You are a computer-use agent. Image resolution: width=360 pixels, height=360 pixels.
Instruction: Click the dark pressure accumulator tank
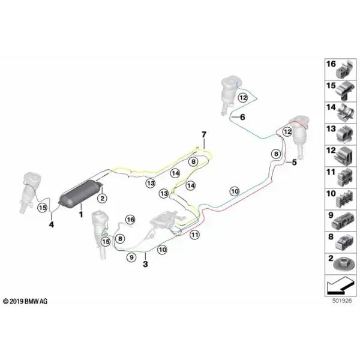[x=80, y=192]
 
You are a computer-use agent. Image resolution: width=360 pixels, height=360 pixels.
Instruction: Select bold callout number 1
[x=81, y=215]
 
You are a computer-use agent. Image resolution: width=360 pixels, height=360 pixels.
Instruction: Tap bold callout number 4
[x=52, y=224]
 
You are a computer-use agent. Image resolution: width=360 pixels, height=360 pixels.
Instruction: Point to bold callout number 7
[x=204, y=134]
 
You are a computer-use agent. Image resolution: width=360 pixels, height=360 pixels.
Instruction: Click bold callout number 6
[x=242, y=117]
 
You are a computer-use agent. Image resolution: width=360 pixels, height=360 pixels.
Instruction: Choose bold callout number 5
[x=294, y=163]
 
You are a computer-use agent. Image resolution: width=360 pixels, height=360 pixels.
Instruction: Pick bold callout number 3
[x=145, y=264]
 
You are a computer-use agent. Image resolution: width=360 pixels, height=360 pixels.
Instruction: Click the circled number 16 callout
[x=131, y=220]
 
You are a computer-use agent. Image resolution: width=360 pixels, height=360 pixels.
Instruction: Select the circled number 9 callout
[x=131, y=257]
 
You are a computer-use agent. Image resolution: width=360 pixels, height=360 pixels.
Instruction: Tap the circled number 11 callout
[x=194, y=235]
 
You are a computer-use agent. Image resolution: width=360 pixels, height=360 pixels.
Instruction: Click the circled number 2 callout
[x=103, y=198]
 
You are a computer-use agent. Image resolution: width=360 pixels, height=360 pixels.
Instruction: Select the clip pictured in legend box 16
[x=344, y=70]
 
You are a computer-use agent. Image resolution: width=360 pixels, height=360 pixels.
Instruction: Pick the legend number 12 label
[x=331, y=151]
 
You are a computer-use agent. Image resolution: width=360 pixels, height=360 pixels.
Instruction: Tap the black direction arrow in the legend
[x=340, y=286]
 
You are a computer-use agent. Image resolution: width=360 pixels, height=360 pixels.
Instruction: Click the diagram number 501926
[x=342, y=301]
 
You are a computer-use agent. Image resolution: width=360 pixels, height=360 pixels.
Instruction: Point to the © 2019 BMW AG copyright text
[x=25, y=301]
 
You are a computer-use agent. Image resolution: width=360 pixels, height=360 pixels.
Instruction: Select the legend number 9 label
[x=331, y=215]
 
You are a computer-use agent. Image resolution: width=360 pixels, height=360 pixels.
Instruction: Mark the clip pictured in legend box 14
[x=345, y=113]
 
